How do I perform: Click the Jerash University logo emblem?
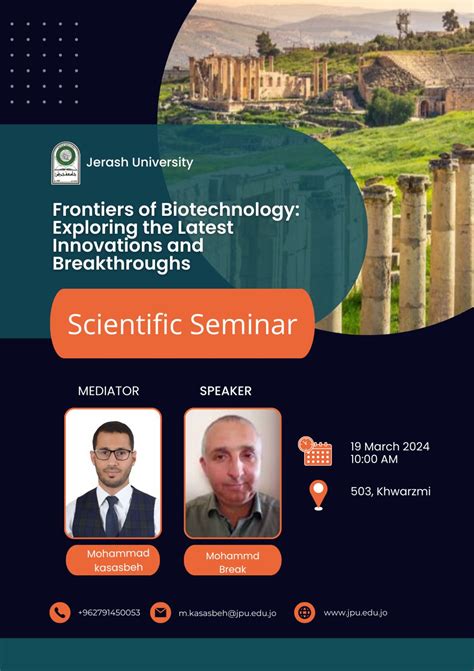point(66,163)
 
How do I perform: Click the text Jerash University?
point(140,162)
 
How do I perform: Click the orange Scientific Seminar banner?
point(181,324)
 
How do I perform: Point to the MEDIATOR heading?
point(108,391)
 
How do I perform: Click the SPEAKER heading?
point(225,391)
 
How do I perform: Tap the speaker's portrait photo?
point(232,472)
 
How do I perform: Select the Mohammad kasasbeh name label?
point(113,560)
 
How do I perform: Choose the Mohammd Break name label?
point(232,560)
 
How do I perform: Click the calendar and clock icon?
point(316,452)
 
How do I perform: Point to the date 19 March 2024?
point(390,446)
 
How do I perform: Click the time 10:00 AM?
point(374,460)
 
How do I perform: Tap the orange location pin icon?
point(318,494)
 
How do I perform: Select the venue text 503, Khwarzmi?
point(390,492)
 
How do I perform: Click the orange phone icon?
point(60,612)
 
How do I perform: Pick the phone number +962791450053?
point(109,612)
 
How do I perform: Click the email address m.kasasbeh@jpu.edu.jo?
point(228,612)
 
